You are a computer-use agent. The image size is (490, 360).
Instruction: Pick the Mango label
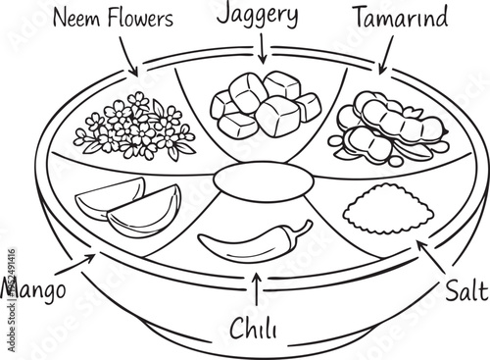[x=33, y=290]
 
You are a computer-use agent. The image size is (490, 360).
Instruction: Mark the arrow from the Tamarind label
[x=382, y=57]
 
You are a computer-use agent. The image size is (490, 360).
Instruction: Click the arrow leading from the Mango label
[x=76, y=263]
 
